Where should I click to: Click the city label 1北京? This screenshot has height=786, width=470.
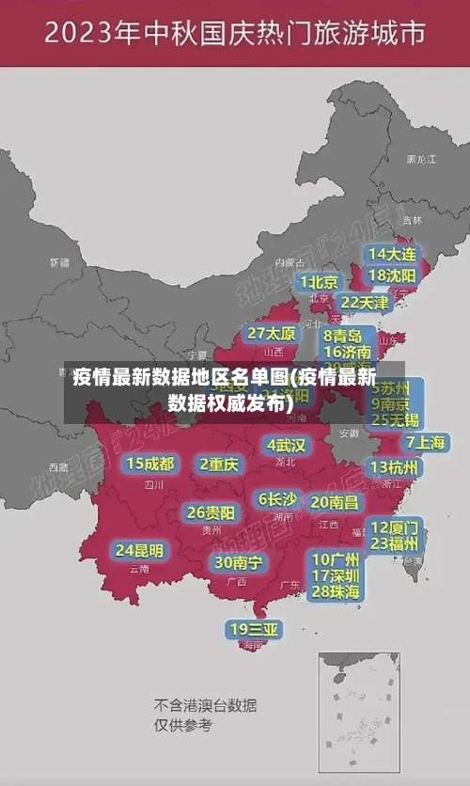320,281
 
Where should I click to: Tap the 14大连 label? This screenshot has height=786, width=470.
392,254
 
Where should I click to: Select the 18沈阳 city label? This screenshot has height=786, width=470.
392,275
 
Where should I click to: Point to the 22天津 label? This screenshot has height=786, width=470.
364,303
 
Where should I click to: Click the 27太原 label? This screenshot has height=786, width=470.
272,334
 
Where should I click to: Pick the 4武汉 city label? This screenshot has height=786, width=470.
286,445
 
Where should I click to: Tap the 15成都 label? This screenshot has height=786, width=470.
150,464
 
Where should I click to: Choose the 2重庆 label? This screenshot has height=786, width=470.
219,464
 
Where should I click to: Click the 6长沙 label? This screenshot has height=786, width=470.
277,499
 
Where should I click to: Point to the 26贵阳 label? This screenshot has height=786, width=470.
211,512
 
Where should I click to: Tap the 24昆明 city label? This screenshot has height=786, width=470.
139,550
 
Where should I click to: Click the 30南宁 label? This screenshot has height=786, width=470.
238,562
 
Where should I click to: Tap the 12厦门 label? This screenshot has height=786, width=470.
395,527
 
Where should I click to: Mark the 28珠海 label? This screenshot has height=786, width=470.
335,591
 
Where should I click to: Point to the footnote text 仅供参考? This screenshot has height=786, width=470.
183,725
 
